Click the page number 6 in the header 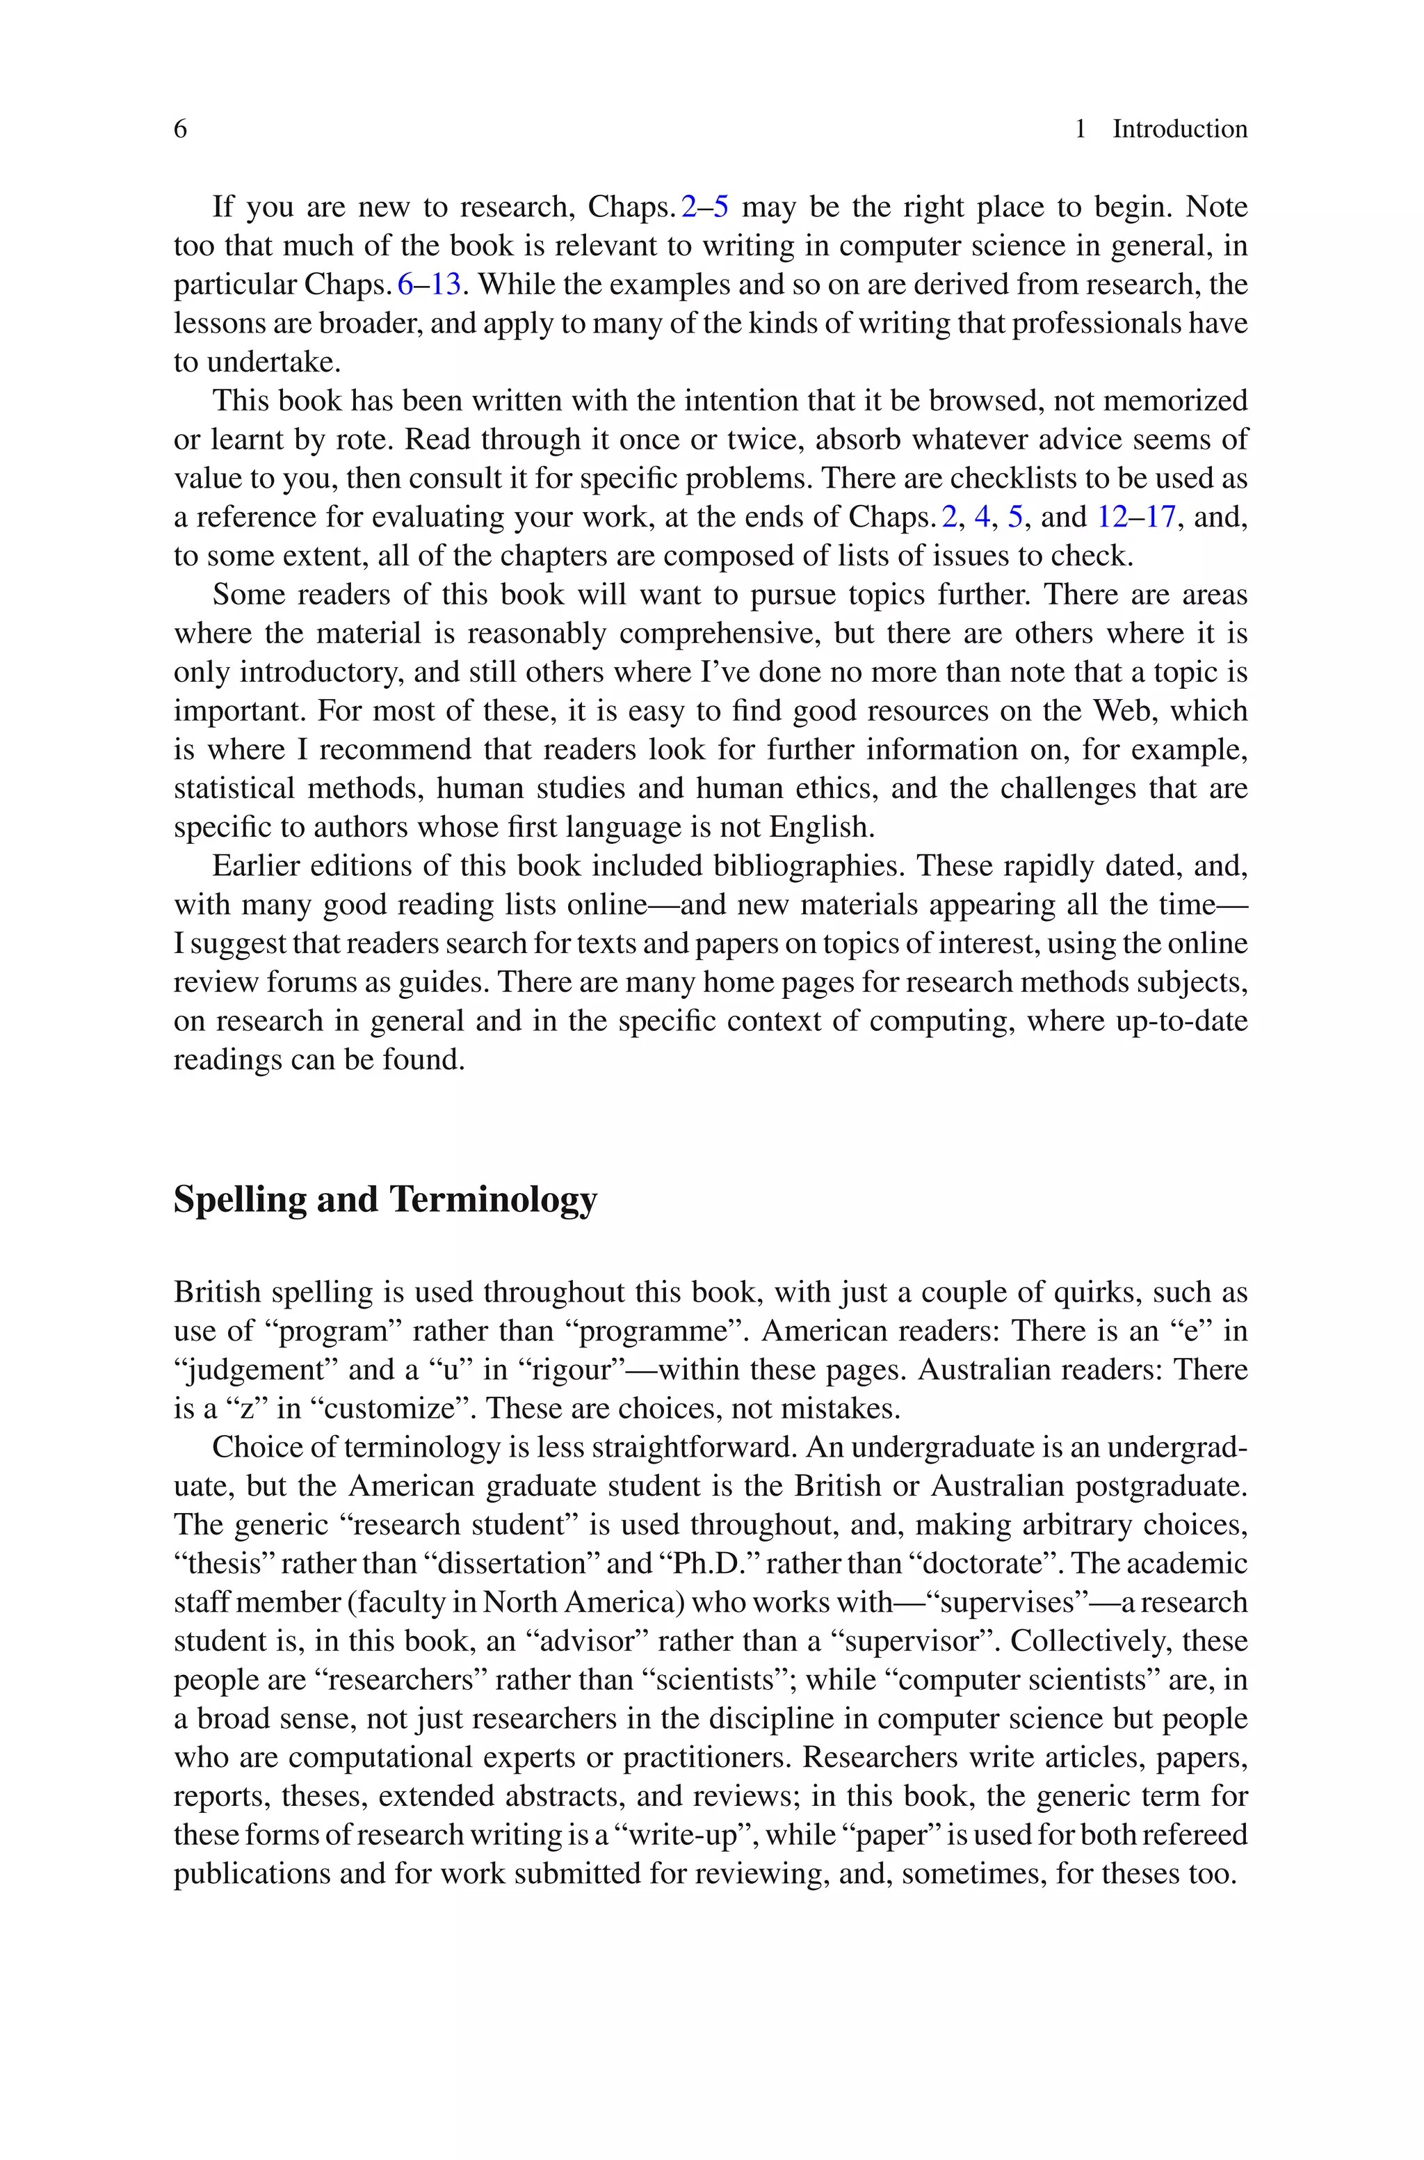(180, 129)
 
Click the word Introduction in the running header (1180, 129)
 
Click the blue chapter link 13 (446, 285)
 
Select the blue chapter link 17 (1160, 517)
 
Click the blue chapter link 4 (982, 517)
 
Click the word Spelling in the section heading (239, 1200)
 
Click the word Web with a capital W (1124, 710)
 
